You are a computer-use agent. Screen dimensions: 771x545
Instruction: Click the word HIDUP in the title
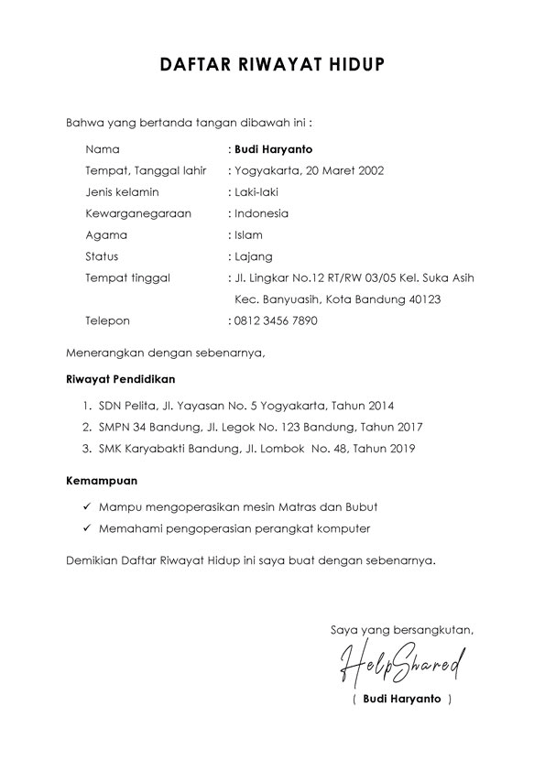coord(353,65)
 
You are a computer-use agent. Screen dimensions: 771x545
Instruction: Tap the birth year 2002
coord(370,170)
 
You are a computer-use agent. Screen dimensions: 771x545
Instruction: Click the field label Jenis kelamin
coord(122,192)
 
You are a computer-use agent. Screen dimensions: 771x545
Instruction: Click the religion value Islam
coord(248,235)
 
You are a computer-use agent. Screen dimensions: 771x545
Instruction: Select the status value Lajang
coord(253,256)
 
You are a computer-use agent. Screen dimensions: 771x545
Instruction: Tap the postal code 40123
coord(422,299)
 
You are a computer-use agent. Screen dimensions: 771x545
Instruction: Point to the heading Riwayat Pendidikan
coord(121,378)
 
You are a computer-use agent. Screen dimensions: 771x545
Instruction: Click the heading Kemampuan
coord(104,480)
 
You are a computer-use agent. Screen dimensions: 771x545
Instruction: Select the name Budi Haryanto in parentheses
coord(401,699)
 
